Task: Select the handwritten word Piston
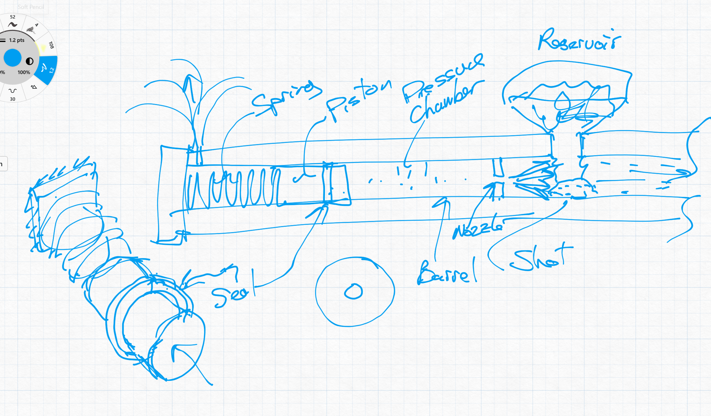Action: [358, 99]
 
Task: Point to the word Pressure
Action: [443, 78]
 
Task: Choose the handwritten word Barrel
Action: [447, 273]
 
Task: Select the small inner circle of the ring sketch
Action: [353, 291]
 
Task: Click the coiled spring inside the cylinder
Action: [235, 188]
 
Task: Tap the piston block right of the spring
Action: [337, 184]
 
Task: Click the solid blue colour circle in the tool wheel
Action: [12, 58]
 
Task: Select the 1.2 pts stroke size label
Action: [17, 40]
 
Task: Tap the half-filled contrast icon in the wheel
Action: [30, 61]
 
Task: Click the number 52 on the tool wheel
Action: [12, 17]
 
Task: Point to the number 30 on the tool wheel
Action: [12, 99]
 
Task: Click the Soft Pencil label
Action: [31, 7]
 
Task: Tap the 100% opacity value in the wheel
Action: [24, 72]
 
